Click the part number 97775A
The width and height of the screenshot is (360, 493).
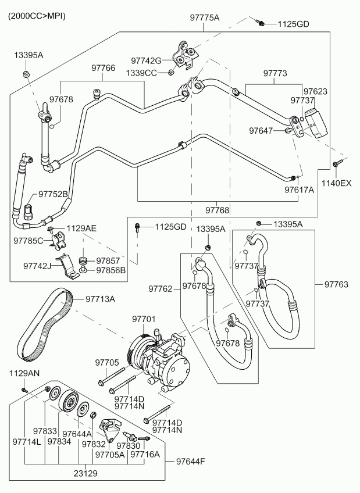pos(204,18)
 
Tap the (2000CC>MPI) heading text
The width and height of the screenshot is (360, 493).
pos(36,16)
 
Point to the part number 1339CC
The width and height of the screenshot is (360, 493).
pos(142,73)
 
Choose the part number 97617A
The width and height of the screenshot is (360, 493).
pos(299,190)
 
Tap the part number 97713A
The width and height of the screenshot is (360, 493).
pos(100,299)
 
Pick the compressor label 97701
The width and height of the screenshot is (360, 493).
pos(144,319)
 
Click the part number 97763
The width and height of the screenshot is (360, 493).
pos(336,284)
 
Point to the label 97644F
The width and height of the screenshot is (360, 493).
pos(191,462)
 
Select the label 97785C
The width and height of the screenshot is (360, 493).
pos(28,240)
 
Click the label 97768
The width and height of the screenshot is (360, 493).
pos(217,209)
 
